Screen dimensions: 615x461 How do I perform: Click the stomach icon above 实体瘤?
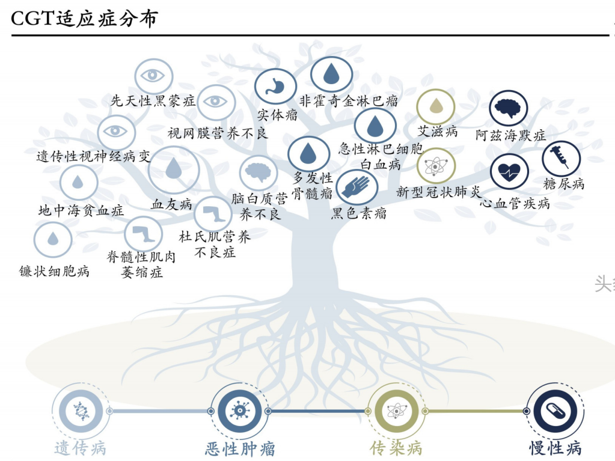(x=275, y=87)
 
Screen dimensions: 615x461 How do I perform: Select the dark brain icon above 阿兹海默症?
(x=509, y=108)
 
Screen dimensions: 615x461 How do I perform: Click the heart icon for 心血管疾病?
(x=509, y=172)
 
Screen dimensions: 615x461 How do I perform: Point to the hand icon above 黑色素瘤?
(x=356, y=188)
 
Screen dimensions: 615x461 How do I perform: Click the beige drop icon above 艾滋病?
(x=436, y=106)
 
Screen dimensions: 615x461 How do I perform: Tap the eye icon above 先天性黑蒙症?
(x=153, y=76)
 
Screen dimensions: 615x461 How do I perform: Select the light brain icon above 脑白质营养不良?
(x=259, y=172)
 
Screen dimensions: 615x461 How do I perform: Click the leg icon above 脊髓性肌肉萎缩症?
(x=143, y=234)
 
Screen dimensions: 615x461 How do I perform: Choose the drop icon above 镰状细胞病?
(x=53, y=239)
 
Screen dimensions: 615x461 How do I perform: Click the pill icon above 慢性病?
(x=555, y=411)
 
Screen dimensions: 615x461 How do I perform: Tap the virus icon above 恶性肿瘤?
(x=240, y=411)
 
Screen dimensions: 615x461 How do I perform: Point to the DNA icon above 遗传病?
(x=81, y=411)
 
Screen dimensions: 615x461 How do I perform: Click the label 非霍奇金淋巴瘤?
(x=349, y=101)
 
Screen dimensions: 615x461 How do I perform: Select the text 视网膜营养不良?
(x=218, y=133)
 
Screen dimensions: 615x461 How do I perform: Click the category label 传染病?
(x=396, y=448)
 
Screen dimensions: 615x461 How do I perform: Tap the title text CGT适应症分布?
(x=84, y=19)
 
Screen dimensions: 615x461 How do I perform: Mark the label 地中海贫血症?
(x=81, y=210)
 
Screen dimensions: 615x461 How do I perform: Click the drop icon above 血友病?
(x=174, y=169)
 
